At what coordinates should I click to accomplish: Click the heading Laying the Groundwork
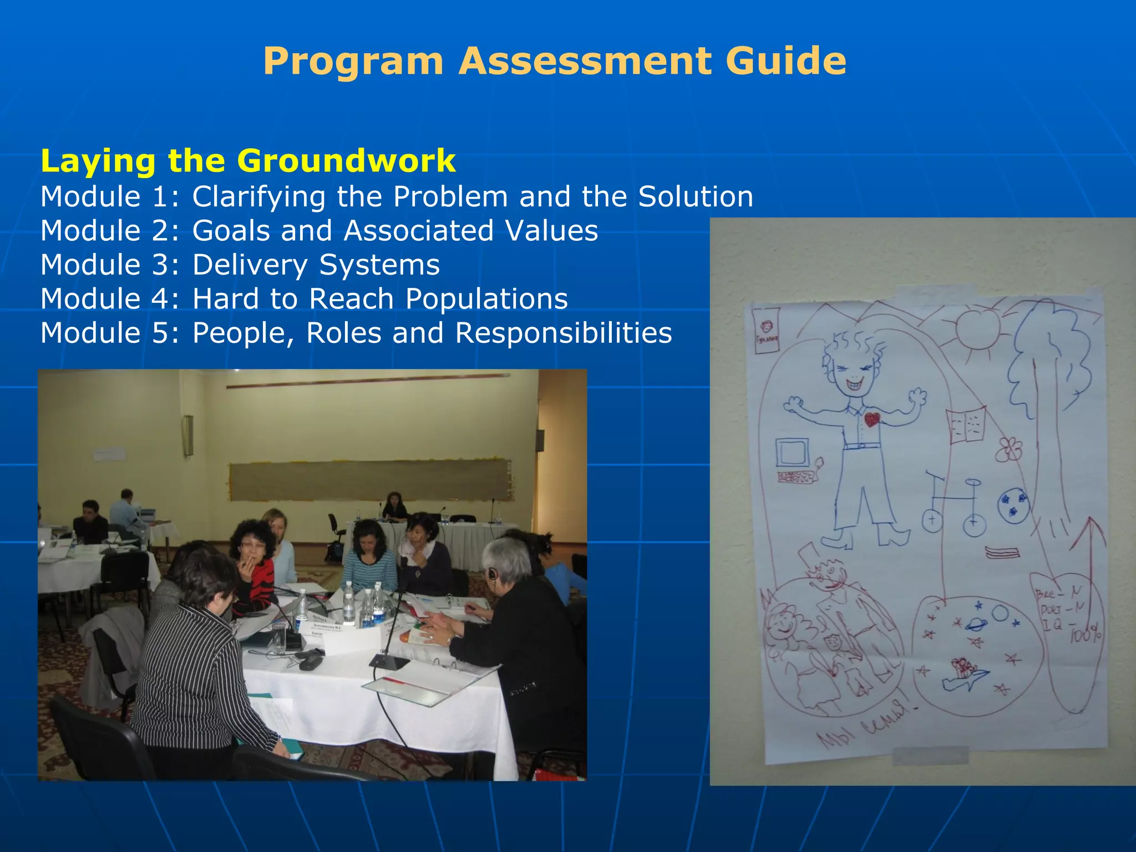248,161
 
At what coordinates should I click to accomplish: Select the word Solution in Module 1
696,196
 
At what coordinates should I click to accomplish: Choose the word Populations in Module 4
486,299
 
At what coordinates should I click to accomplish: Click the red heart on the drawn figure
872,419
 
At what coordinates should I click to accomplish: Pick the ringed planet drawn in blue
976,623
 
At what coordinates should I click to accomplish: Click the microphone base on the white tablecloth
389,661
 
